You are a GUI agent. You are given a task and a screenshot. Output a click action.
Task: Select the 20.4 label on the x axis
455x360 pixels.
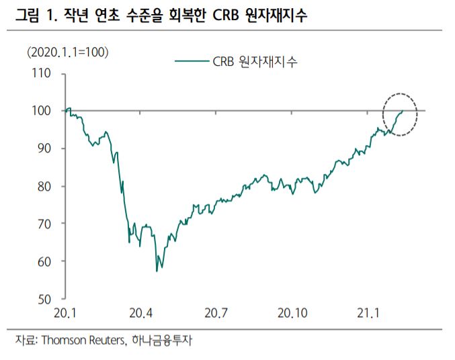coord(140,314)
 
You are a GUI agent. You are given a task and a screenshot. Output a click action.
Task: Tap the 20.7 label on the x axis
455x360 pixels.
coord(216,314)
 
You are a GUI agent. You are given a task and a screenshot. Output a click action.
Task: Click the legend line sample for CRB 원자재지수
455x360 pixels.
coord(193,61)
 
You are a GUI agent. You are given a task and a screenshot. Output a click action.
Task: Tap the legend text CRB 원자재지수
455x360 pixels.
coord(255,61)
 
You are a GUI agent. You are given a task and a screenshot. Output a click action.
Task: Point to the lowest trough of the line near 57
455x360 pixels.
coord(157,271)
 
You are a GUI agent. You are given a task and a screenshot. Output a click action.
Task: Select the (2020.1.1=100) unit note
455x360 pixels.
coord(67,52)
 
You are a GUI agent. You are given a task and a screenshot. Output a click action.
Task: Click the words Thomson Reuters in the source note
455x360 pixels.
coord(81,341)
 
